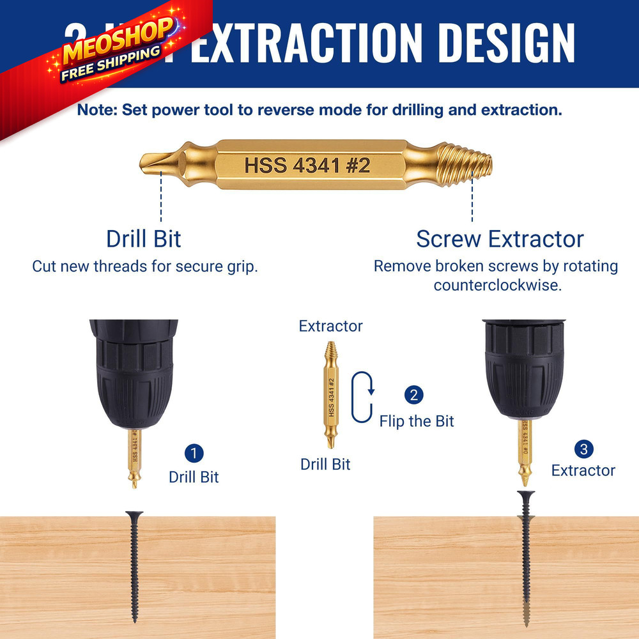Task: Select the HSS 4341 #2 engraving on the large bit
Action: (x=307, y=165)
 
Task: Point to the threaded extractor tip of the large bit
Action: (x=466, y=165)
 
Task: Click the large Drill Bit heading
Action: (x=144, y=239)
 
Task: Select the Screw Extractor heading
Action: (x=500, y=239)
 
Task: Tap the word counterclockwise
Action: (x=497, y=285)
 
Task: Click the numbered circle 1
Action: (x=194, y=454)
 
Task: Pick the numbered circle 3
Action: (x=583, y=449)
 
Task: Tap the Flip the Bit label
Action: (x=417, y=421)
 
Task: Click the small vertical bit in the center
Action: (x=331, y=396)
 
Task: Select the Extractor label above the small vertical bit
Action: (x=330, y=326)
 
